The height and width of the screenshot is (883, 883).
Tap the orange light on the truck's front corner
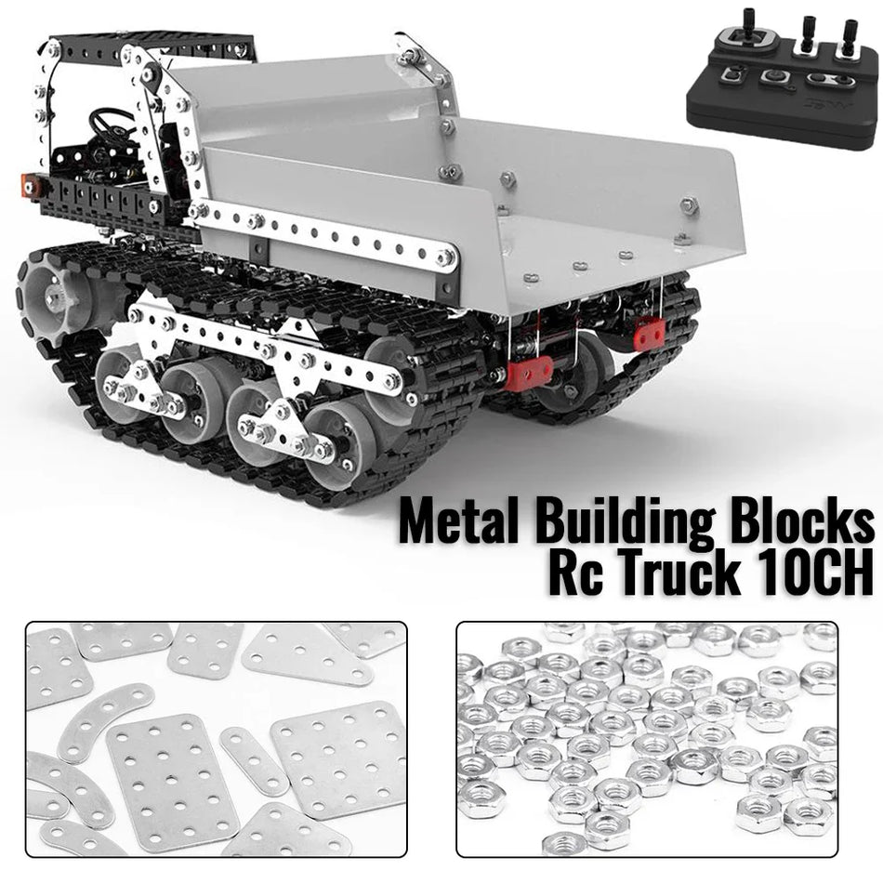[33, 187]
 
